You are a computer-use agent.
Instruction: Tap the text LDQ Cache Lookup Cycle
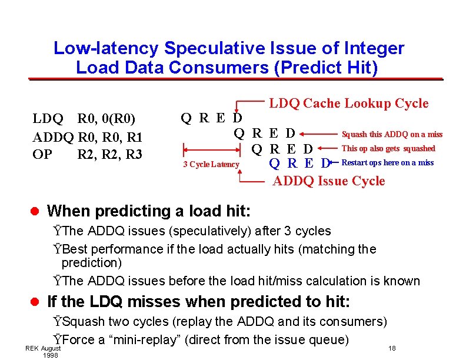348,104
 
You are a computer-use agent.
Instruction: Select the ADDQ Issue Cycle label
329,181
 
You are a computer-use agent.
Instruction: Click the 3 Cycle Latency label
211,165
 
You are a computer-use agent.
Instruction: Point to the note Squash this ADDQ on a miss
392,135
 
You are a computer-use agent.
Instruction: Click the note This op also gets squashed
388,149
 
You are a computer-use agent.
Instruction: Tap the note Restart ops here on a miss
387,163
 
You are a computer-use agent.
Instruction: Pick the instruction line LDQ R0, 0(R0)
84,120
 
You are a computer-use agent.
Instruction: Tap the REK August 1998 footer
43,352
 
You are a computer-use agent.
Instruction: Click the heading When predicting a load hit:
148,211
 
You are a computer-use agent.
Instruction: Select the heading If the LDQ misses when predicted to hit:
198,302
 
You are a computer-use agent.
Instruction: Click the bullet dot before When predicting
35,211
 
